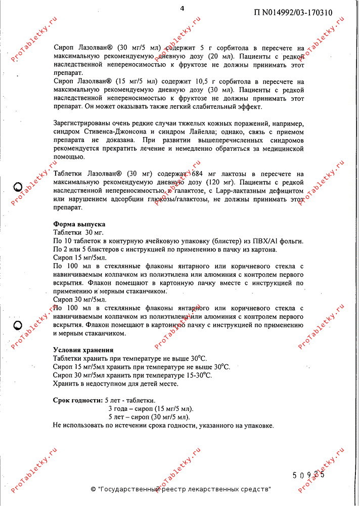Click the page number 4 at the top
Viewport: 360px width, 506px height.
(182, 8)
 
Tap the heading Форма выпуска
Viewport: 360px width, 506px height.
(79, 224)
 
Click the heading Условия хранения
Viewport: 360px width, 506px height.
(83, 350)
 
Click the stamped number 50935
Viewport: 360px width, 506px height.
(308, 475)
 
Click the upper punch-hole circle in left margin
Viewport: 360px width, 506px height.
(18, 186)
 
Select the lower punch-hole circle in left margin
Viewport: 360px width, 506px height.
(18, 324)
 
